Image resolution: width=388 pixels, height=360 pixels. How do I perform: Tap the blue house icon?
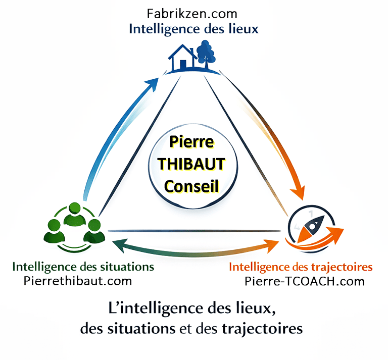tap(182, 58)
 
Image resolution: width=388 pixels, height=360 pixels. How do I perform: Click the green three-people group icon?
tap(74, 224)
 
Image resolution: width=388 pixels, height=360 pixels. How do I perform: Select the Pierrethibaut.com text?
tap(78, 281)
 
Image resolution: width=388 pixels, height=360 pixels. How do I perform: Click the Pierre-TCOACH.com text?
tap(304, 282)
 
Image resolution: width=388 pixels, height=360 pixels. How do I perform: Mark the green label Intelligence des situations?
tap(83, 266)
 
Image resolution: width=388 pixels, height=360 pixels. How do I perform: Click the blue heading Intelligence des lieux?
tap(194, 29)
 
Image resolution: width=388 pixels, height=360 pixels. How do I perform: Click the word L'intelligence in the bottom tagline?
tap(152, 307)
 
